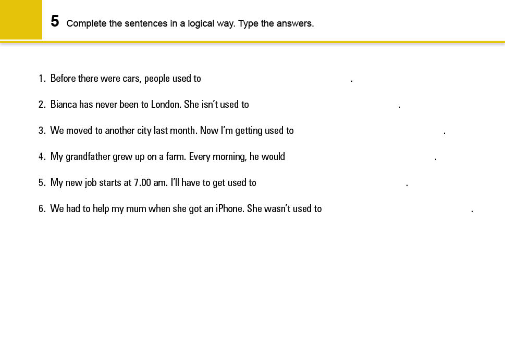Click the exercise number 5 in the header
coord(55,21)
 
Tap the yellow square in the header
coord(21,20)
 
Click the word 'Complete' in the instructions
coord(85,23)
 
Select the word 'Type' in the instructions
coord(249,23)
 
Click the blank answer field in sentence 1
coord(276,79)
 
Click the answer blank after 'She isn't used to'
coord(324,105)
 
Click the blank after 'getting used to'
coord(368,131)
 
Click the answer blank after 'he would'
coord(360,157)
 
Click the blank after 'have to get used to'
coord(331,183)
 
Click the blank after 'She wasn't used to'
coord(397,209)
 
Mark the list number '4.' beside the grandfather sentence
coord(42,157)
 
